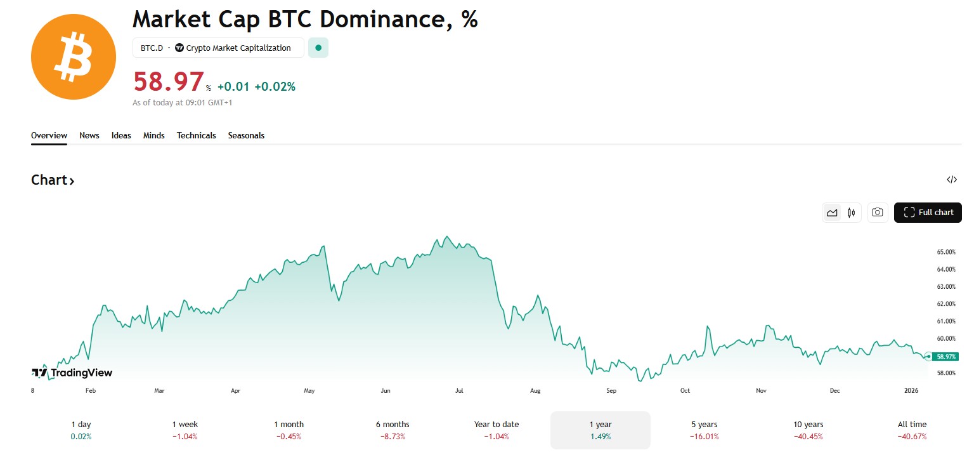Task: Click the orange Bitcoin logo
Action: pyautogui.click(x=74, y=57)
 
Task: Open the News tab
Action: pyautogui.click(x=89, y=135)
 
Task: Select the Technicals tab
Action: pyautogui.click(x=197, y=135)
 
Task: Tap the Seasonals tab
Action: pyautogui.click(x=246, y=135)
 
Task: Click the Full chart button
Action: pyautogui.click(x=928, y=212)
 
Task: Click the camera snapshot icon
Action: pyautogui.click(x=877, y=212)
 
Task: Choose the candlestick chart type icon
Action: pyautogui.click(x=851, y=212)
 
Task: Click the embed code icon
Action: pyautogui.click(x=952, y=180)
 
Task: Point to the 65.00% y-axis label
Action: pyautogui.click(x=945, y=252)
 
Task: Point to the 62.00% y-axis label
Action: pyautogui.click(x=945, y=304)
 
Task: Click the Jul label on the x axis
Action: pyautogui.click(x=459, y=391)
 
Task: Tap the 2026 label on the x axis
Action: pyautogui.click(x=911, y=391)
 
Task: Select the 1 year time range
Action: pyautogui.click(x=600, y=430)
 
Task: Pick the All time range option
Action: pyautogui.click(x=912, y=430)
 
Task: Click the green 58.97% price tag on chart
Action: pyautogui.click(x=945, y=357)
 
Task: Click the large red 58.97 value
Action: pyautogui.click(x=168, y=83)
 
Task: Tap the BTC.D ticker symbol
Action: pyautogui.click(x=152, y=48)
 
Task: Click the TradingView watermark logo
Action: pyautogui.click(x=72, y=373)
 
